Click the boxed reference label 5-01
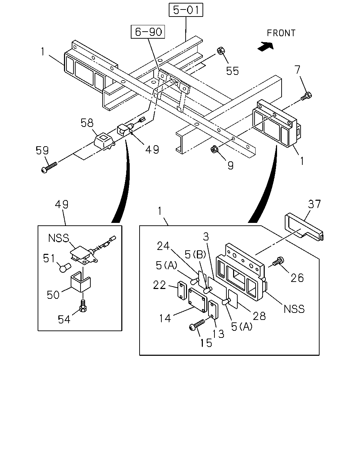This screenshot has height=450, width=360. pyautogui.click(x=186, y=10)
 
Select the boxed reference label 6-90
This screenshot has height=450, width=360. pyautogui.click(x=148, y=32)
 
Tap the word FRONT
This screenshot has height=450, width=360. pyautogui.click(x=281, y=33)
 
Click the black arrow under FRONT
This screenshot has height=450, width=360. pyautogui.click(x=266, y=46)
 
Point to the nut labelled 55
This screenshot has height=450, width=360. pyautogui.click(x=221, y=51)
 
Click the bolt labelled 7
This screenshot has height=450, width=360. pyautogui.click(x=306, y=96)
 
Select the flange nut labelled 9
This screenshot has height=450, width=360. pyautogui.click(x=214, y=149)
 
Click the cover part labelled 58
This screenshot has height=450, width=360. pyautogui.click(x=104, y=142)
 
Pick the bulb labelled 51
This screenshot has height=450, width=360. pyautogui.click(x=65, y=268)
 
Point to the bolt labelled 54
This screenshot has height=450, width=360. pyautogui.click(x=83, y=307)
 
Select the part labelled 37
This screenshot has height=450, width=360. pyautogui.click(x=304, y=227)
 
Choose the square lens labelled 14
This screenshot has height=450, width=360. pyautogui.click(x=198, y=300)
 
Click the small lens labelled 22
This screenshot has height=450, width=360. pyautogui.click(x=181, y=291)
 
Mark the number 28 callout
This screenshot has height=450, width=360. pyautogui.click(x=259, y=316)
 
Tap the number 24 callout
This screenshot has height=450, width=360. pyautogui.click(x=163, y=246)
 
